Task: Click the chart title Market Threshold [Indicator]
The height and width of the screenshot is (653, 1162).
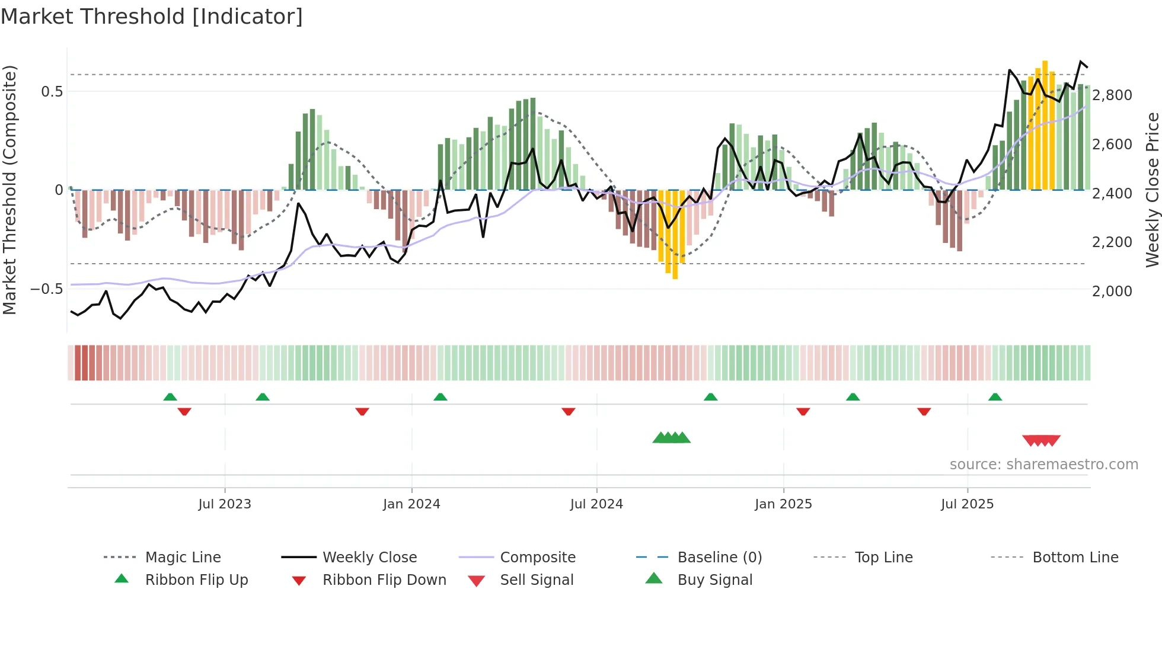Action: pos(152,17)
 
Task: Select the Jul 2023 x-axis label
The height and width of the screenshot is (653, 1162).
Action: pos(225,504)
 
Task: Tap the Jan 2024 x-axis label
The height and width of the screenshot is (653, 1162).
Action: pos(411,504)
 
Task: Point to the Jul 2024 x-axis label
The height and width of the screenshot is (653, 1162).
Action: pos(596,504)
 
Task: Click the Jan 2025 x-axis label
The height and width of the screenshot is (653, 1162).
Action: pos(783,504)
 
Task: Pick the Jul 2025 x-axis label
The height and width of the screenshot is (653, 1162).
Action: pos(967,504)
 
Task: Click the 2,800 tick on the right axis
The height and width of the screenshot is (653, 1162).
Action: pos(1112,95)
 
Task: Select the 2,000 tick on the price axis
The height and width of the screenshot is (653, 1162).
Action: pos(1112,292)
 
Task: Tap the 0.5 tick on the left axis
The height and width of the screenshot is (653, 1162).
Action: pos(52,92)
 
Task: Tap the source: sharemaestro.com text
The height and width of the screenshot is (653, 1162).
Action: pos(1043,465)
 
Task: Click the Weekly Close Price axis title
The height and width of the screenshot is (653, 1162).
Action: pos(1152,190)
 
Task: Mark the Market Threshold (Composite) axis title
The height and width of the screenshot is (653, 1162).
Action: pos(9,190)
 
